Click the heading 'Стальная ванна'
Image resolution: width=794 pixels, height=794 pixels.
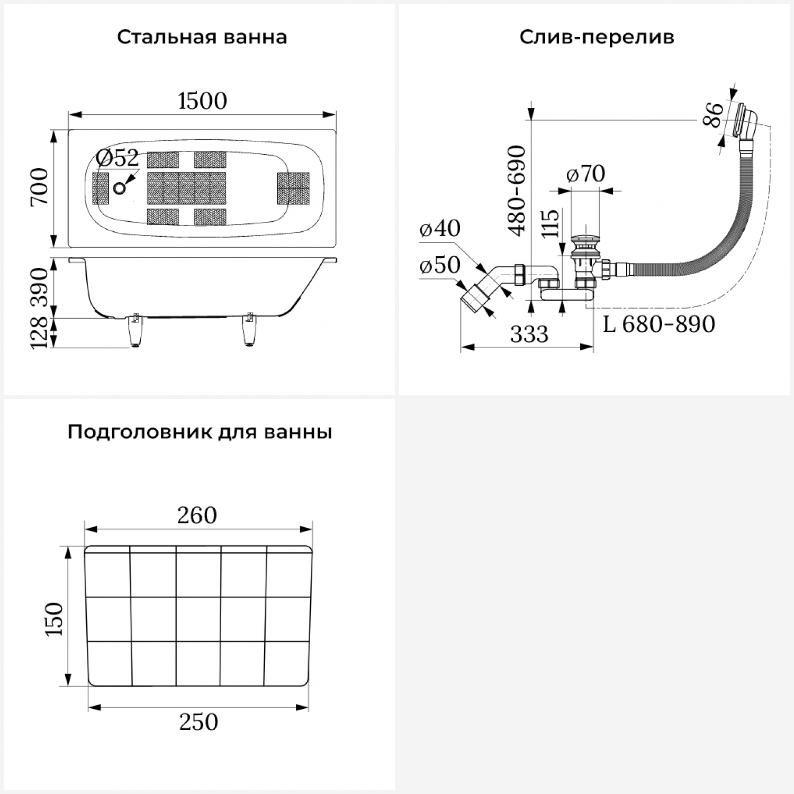[x=202, y=38]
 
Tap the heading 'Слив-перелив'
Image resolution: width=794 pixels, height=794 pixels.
[x=597, y=38]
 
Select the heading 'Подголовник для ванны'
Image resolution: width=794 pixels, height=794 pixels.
[x=200, y=432]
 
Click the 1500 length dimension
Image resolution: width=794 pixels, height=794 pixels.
[x=202, y=101]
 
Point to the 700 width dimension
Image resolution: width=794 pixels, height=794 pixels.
[x=40, y=187]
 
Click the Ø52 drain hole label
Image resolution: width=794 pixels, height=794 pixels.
[x=118, y=158]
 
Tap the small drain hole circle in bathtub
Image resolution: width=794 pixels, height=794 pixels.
[x=120, y=188]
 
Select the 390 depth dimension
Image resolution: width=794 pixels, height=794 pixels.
[x=40, y=288]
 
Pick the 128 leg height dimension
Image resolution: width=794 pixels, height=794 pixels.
[x=40, y=333]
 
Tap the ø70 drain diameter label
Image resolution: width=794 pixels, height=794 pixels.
[x=585, y=174]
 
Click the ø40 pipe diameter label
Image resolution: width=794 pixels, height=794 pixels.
[x=439, y=228]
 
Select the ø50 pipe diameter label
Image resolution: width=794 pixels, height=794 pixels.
[x=439, y=265]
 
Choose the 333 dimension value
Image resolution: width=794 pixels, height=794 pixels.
[x=529, y=335]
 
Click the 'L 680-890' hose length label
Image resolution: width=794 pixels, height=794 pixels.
[x=659, y=324]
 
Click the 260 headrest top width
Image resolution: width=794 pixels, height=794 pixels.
[x=197, y=516]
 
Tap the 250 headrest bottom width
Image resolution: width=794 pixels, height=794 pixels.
[x=198, y=722]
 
